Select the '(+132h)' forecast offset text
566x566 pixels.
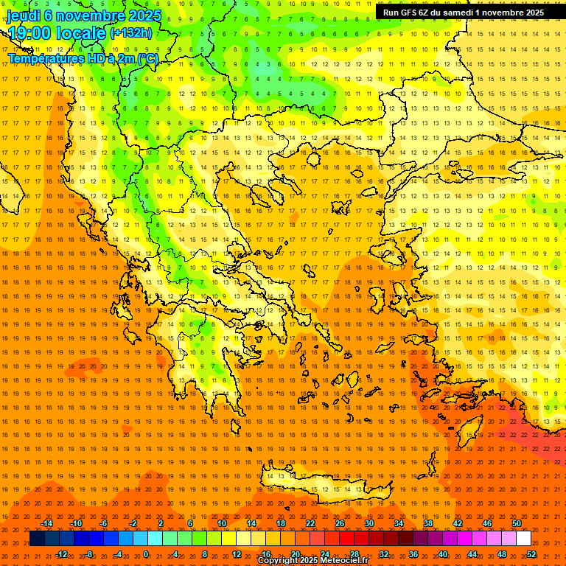(x=131, y=32)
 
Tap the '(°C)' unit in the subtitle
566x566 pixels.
(x=147, y=58)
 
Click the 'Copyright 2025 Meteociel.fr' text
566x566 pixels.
(x=312, y=561)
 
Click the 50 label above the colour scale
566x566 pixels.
(x=516, y=523)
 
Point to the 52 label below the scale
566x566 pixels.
(x=531, y=553)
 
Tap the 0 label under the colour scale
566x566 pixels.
(x=146, y=553)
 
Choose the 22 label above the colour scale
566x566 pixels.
(x=310, y=523)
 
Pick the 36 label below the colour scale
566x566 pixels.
(x=413, y=553)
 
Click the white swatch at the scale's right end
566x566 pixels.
(x=523, y=538)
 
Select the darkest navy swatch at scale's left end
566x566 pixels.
(x=37, y=538)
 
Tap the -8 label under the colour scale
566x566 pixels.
(x=88, y=553)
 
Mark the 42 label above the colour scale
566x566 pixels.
(x=457, y=523)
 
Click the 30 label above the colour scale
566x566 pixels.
(x=369, y=523)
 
